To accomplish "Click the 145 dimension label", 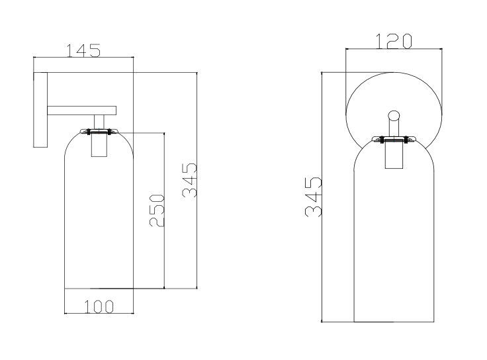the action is point(83,50).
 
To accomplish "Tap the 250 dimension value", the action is point(157,211).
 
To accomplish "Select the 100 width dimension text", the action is point(99,306).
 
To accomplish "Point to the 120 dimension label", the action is point(394,41).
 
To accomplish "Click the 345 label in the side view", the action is point(189,181).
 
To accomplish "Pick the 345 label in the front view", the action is point(313,197).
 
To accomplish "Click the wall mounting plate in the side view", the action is point(40,110).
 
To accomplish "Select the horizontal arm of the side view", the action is point(81,111).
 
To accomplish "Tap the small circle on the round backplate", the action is point(394,116).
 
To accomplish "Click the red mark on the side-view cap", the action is point(99,131).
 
